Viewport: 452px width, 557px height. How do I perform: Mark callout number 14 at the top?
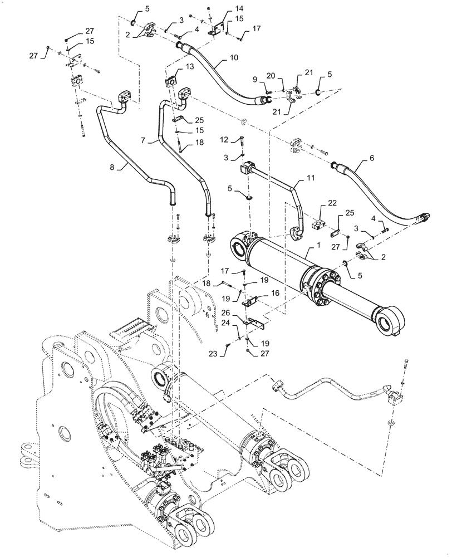tap(224, 9)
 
